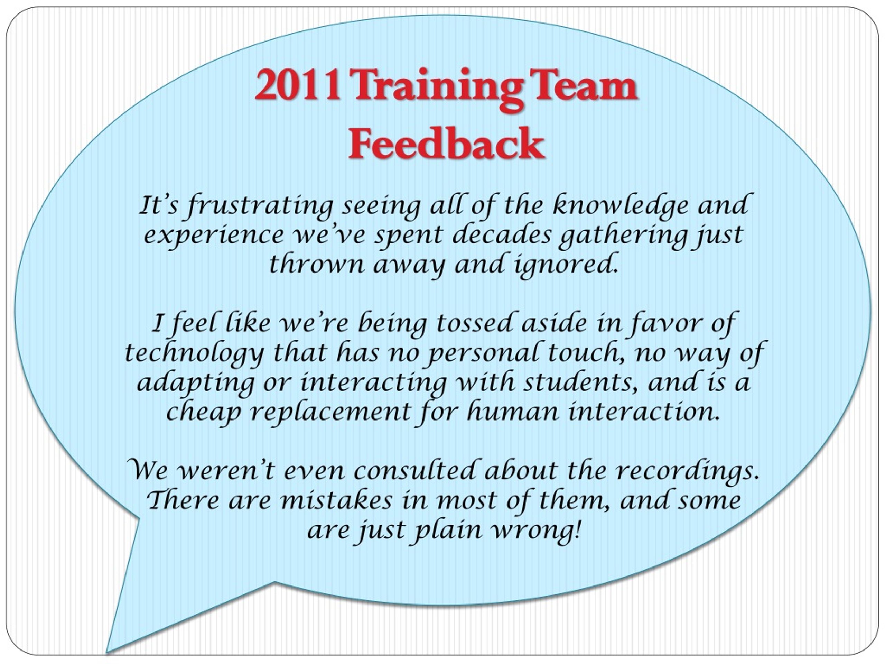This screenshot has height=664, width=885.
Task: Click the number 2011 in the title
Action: pyautogui.click(x=298, y=85)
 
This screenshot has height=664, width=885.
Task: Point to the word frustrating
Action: pyautogui.click(x=260, y=206)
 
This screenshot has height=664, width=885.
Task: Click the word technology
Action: pyautogui.click(x=194, y=353)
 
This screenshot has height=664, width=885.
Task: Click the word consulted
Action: pyautogui.click(x=414, y=470)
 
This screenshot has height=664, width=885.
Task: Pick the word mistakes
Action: pyautogui.click(x=336, y=500)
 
